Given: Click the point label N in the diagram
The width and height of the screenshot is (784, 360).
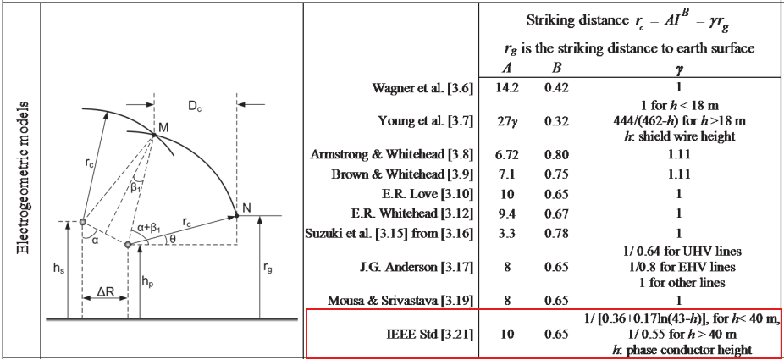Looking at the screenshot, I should [x=247, y=207].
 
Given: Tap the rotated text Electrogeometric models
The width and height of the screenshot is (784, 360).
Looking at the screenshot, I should [x=24, y=178].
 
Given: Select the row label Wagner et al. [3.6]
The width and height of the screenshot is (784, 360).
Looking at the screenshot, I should [x=422, y=88].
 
